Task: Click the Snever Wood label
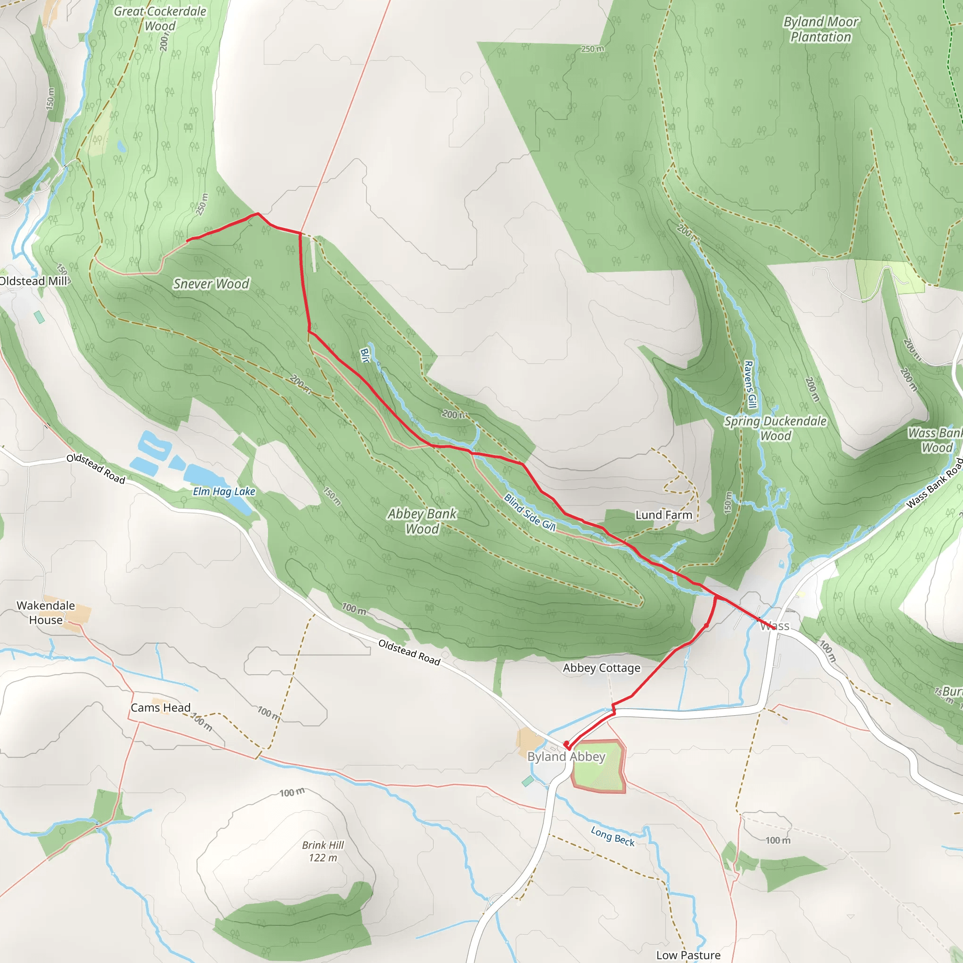tap(211, 284)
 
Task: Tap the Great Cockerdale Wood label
tap(160, 18)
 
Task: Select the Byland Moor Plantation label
tap(821, 30)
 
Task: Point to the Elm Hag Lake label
tap(224, 491)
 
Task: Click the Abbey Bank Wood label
tap(422, 521)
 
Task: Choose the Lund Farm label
tap(663, 515)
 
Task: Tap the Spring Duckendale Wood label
tap(775, 429)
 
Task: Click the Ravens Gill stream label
tap(750, 384)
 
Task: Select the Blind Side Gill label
tap(529, 513)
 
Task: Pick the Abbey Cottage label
tap(601, 668)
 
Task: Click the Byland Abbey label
tap(566, 757)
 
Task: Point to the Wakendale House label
tap(46, 613)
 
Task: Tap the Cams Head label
tap(160, 708)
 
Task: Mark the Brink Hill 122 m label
tap(323, 852)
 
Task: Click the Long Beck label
tap(613, 837)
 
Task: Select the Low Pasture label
tap(688, 955)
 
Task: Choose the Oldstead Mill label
tap(33, 281)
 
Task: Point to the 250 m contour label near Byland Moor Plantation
tap(592, 49)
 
